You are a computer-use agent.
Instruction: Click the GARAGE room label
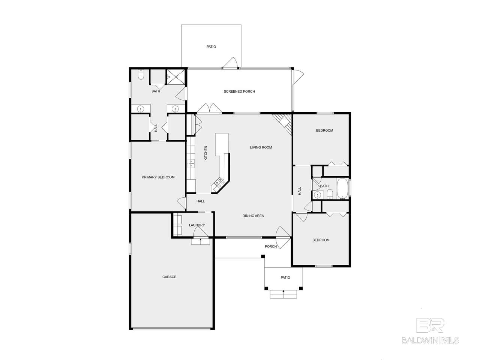click(169, 277)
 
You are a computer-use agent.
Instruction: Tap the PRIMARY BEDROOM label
click(158, 177)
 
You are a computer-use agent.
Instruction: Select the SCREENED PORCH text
click(239, 91)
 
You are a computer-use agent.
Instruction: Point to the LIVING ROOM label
click(261, 147)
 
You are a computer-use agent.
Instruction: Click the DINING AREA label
click(253, 216)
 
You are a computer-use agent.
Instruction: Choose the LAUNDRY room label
click(197, 225)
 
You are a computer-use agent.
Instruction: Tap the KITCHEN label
click(205, 153)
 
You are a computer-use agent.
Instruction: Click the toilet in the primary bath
click(141, 75)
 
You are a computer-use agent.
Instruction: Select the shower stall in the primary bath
click(175, 77)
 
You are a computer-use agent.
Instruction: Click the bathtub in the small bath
click(342, 189)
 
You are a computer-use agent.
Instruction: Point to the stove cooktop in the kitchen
click(220, 182)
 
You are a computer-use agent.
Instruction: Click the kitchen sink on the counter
click(191, 163)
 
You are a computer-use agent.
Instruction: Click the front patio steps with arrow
click(283, 294)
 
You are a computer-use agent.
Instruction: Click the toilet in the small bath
click(330, 194)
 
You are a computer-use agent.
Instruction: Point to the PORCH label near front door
click(271, 246)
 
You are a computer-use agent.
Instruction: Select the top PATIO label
click(211, 47)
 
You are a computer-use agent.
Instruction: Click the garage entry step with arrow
click(200, 241)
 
